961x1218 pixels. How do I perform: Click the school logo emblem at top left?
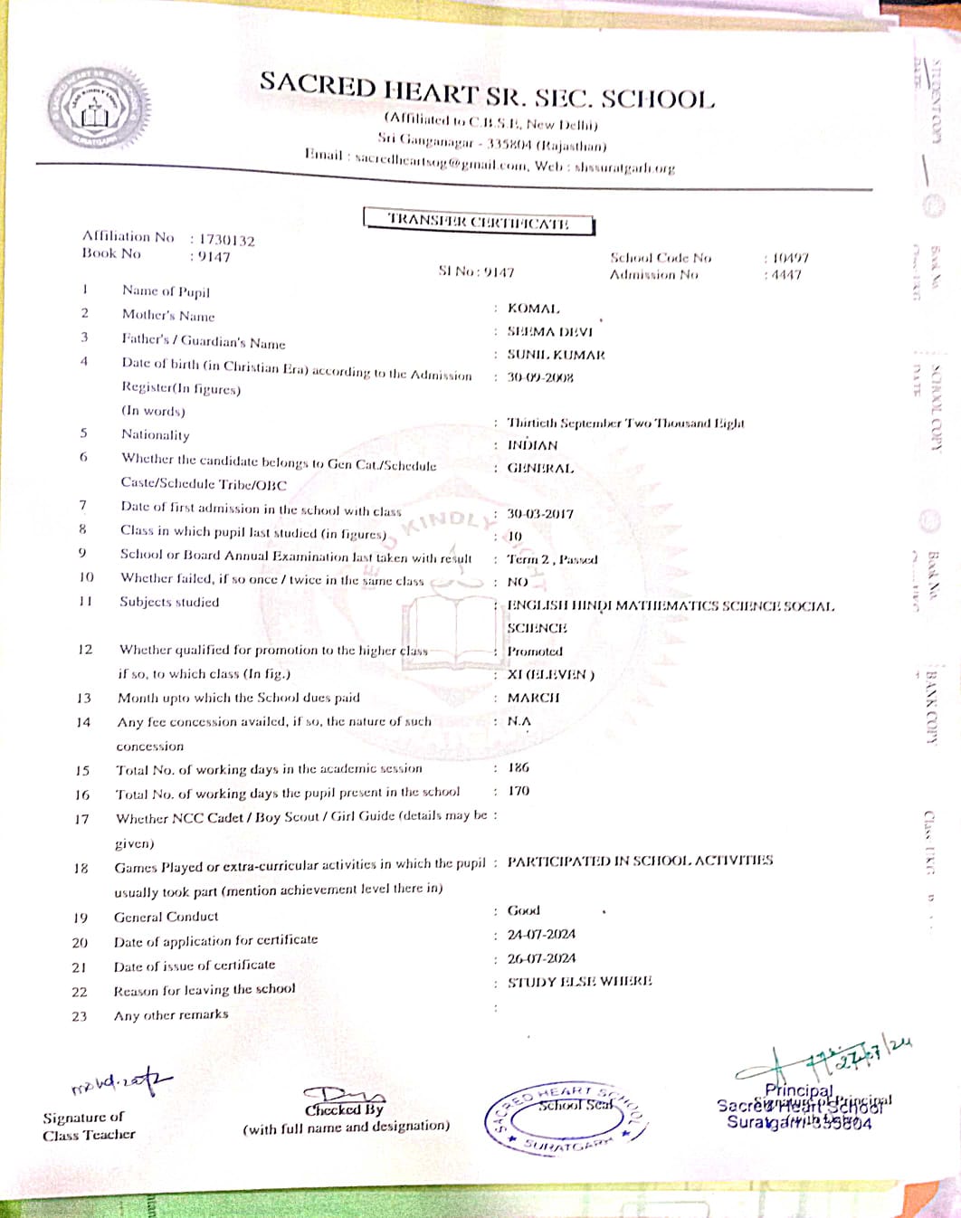pyautogui.click(x=99, y=109)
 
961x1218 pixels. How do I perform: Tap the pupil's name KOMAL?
pyautogui.click(x=533, y=309)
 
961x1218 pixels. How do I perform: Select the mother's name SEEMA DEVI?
pyautogui.click(x=549, y=332)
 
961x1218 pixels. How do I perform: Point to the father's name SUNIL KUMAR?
pyautogui.click(x=556, y=355)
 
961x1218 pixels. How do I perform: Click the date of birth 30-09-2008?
pyautogui.click(x=539, y=377)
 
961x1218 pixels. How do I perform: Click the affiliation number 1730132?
pyautogui.click(x=227, y=240)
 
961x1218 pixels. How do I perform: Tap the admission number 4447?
pyautogui.click(x=786, y=275)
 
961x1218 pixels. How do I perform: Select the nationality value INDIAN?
pyautogui.click(x=532, y=445)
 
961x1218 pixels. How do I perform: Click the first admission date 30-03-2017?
pyautogui.click(x=539, y=513)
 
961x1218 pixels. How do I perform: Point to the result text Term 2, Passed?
pyautogui.click(x=552, y=559)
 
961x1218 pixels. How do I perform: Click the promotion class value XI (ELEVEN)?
pyautogui.click(x=550, y=674)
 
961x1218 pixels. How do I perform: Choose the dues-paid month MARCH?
pyautogui.click(x=533, y=698)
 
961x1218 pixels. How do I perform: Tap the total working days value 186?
pyautogui.click(x=519, y=767)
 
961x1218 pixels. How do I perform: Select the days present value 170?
pyautogui.click(x=519, y=791)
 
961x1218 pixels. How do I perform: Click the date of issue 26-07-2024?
pyautogui.click(x=541, y=958)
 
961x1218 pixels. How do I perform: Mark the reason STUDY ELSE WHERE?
pyautogui.click(x=579, y=982)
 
